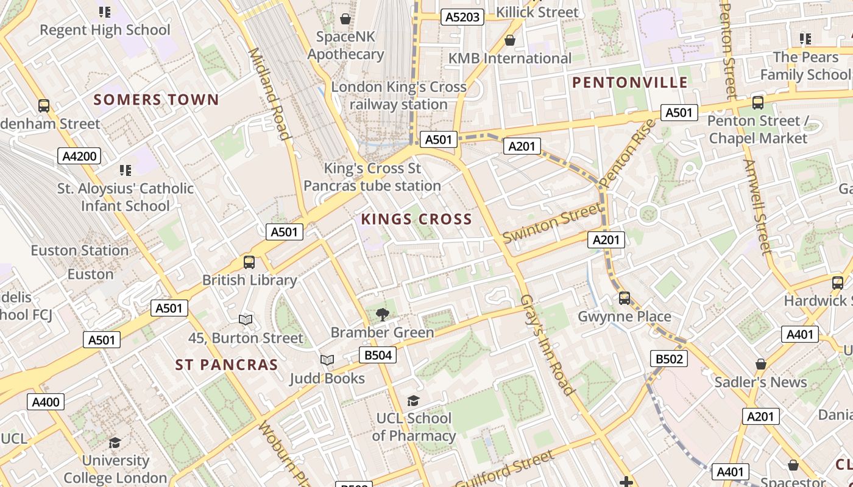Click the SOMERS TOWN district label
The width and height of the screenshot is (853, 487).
click(x=156, y=100)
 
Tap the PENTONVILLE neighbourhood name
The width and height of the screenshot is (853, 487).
click(x=630, y=83)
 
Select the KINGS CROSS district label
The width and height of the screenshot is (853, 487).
click(x=416, y=219)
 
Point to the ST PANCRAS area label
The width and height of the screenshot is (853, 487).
click(x=227, y=365)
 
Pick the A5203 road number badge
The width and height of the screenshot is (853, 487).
click(x=462, y=17)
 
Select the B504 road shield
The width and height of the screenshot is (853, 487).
click(x=377, y=355)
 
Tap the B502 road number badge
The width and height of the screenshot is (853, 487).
click(x=668, y=359)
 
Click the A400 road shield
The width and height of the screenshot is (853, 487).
click(x=46, y=402)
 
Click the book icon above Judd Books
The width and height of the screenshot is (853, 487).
click(x=327, y=360)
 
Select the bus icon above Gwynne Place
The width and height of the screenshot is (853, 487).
click(x=625, y=298)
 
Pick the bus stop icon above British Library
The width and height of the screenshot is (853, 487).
click(x=249, y=262)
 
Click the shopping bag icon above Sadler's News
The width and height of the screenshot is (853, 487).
click(x=760, y=364)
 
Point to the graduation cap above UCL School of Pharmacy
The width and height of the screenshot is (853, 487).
click(x=414, y=401)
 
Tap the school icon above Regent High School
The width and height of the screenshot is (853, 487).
click(x=105, y=12)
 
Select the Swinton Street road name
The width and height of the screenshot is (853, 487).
click(x=551, y=223)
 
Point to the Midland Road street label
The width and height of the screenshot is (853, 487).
click(x=269, y=94)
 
